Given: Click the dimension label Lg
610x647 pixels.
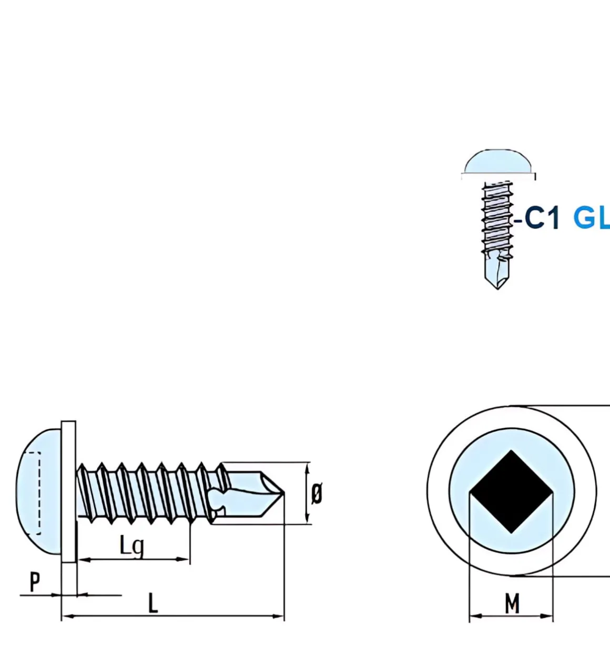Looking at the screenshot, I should point(131,546).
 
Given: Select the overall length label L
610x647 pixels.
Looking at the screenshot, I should point(152,603).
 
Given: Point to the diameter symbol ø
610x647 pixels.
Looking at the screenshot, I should point(317,494).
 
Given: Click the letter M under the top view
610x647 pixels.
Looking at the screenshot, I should point(512,603).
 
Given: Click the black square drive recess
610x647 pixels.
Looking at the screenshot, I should point(511,492).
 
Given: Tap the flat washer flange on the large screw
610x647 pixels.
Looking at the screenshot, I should point(68,491).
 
